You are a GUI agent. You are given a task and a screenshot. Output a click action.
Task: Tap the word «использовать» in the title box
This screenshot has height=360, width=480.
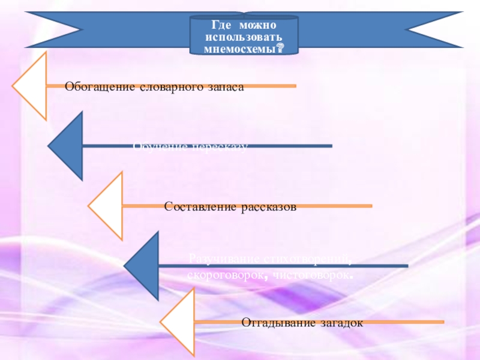click(x=244, y=38)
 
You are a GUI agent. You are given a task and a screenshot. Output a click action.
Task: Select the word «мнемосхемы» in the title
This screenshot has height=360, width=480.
click(x=240, y=49)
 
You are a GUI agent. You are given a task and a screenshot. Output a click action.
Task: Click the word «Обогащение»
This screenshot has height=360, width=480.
click(x=100, y=87)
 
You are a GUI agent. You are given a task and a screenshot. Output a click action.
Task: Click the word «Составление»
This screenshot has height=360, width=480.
click(x=202, y=207)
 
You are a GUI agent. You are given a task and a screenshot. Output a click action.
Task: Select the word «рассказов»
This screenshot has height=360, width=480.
click(x=269, y=207)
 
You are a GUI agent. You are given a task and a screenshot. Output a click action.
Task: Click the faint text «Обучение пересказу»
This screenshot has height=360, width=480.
click(x=190, y=146)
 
